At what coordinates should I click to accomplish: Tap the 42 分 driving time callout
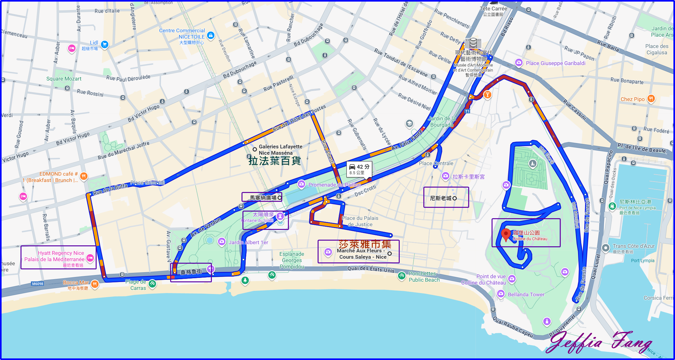[x=359, y=169]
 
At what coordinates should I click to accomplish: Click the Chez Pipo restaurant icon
[x=651, y=99]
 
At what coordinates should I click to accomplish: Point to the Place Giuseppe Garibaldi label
[x=555, y=63]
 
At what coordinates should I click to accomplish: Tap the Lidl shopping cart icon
[x=105, y=45]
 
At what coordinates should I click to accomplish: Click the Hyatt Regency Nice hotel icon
[x=90, y=258]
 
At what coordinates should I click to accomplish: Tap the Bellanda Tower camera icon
[x=501, y=294]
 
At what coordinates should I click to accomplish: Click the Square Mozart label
[x=64, y=79]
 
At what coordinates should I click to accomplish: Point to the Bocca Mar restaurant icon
[x=94, y=284]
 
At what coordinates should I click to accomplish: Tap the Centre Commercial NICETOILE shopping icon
[x=211, y=35]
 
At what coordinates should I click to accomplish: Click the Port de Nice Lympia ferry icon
[x=612, y=207]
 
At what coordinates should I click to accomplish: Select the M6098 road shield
[x=38, y=284]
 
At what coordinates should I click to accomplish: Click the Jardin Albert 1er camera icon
[x=222, y=242]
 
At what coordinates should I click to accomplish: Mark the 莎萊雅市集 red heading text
[x=365, y=244]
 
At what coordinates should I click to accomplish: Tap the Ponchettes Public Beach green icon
[x=401, y=276]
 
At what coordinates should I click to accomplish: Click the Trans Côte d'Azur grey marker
[x=606, y=248]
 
